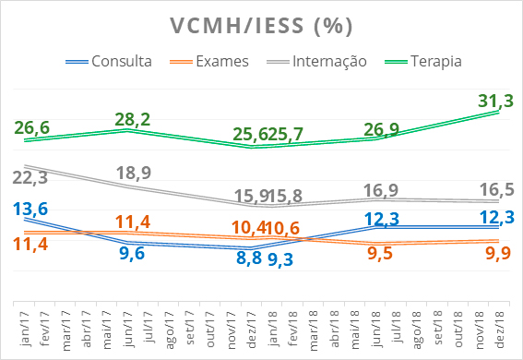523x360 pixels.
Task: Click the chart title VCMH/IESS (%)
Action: pyautogui.click(x=262, y=25)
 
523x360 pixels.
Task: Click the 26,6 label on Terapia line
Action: pyautogui.click(x=31, y=125)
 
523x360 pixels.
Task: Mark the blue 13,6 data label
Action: pyautogui.click(x=31, y=209)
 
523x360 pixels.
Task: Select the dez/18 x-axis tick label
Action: pyautogui.click(x=500, y=327)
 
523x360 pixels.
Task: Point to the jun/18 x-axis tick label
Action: pyautogui.click(x=376, y=327)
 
